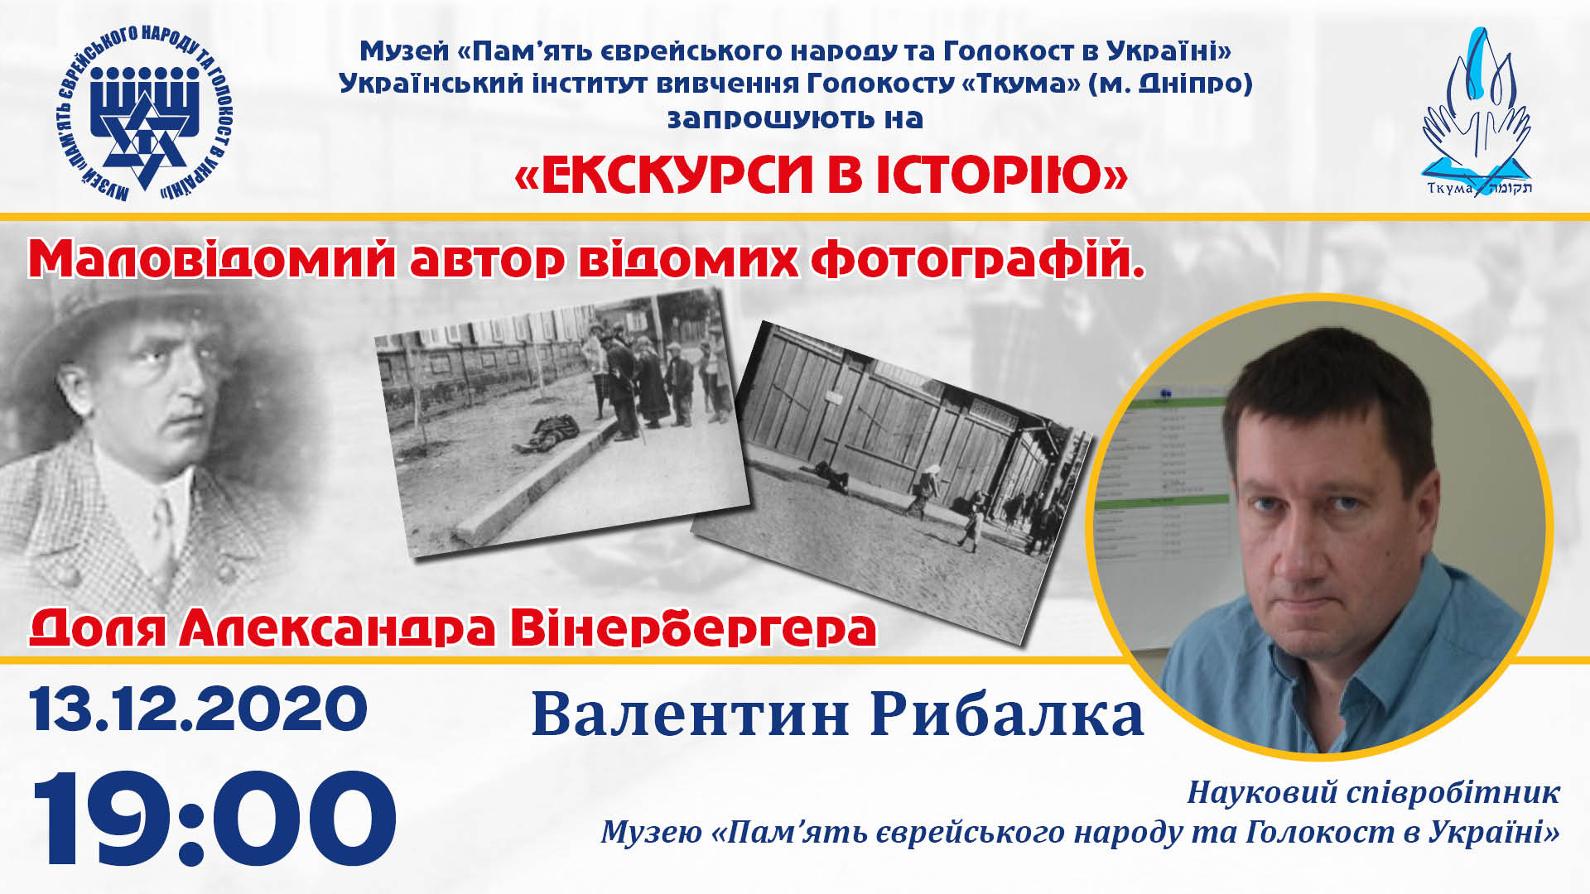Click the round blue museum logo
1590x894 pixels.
point(146,114)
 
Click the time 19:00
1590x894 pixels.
point(214,819)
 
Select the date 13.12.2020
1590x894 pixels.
point(198,709)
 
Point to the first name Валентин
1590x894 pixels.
point(691,715)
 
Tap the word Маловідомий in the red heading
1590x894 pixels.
point(213,258)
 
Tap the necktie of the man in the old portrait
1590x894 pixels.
point(162,530)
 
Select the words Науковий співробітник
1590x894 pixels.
point(1373,793)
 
